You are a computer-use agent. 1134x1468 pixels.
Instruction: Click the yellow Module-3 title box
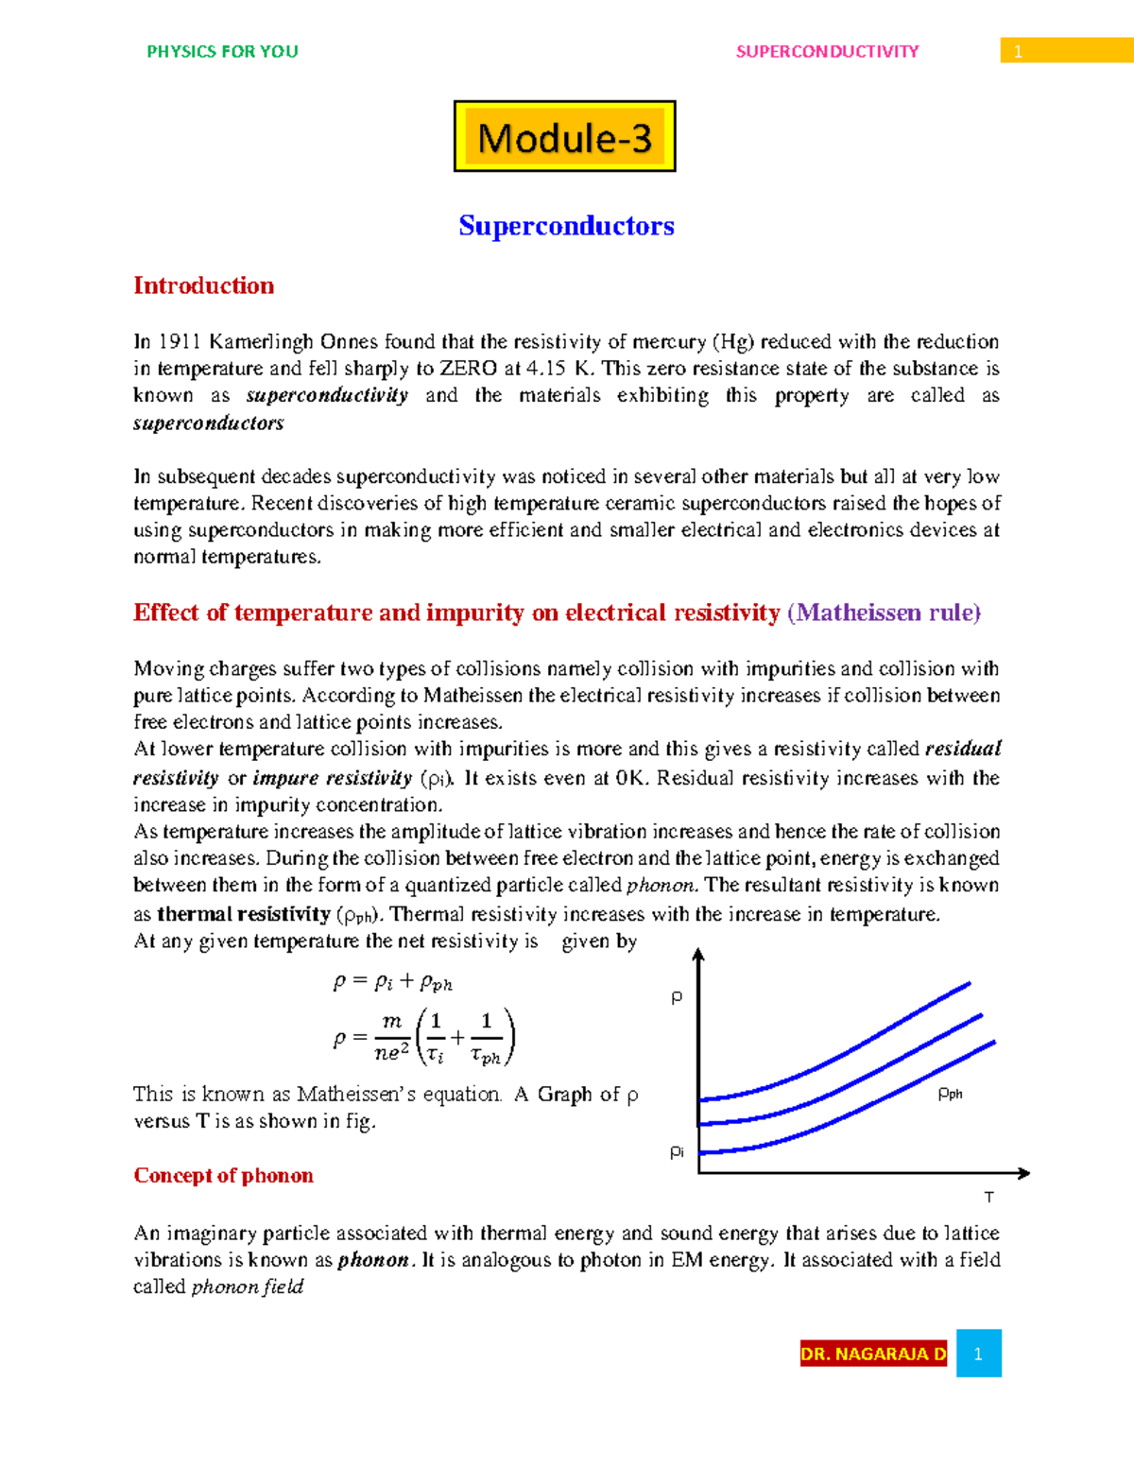[564, 136]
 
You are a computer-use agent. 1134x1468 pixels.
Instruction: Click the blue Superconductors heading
[566, 226]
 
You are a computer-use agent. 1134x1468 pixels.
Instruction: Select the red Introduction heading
[203, 285]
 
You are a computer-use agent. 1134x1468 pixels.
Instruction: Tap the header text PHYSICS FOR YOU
[222, 52]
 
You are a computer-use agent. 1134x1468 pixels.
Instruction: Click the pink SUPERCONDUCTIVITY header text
[827, 52]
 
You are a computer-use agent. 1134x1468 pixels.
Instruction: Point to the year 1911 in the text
[179, 342]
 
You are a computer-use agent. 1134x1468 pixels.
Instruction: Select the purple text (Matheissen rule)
[884, 613]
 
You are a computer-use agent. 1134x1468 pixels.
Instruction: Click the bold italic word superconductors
[208, 423]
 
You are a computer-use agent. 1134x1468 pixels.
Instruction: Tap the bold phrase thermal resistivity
[243, 914]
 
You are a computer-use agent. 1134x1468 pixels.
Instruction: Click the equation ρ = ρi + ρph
[392, 982]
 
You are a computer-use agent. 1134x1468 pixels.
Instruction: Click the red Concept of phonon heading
[223, 1175]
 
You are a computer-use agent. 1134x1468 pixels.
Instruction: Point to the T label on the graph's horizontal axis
[988, 1198]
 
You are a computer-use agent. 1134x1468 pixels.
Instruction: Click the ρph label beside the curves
[950, 1094]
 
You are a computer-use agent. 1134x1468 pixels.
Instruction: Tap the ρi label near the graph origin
[677, 1151]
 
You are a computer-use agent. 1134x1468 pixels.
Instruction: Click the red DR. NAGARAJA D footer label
[872, 1354]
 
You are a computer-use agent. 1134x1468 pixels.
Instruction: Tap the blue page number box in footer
[978, 1354]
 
